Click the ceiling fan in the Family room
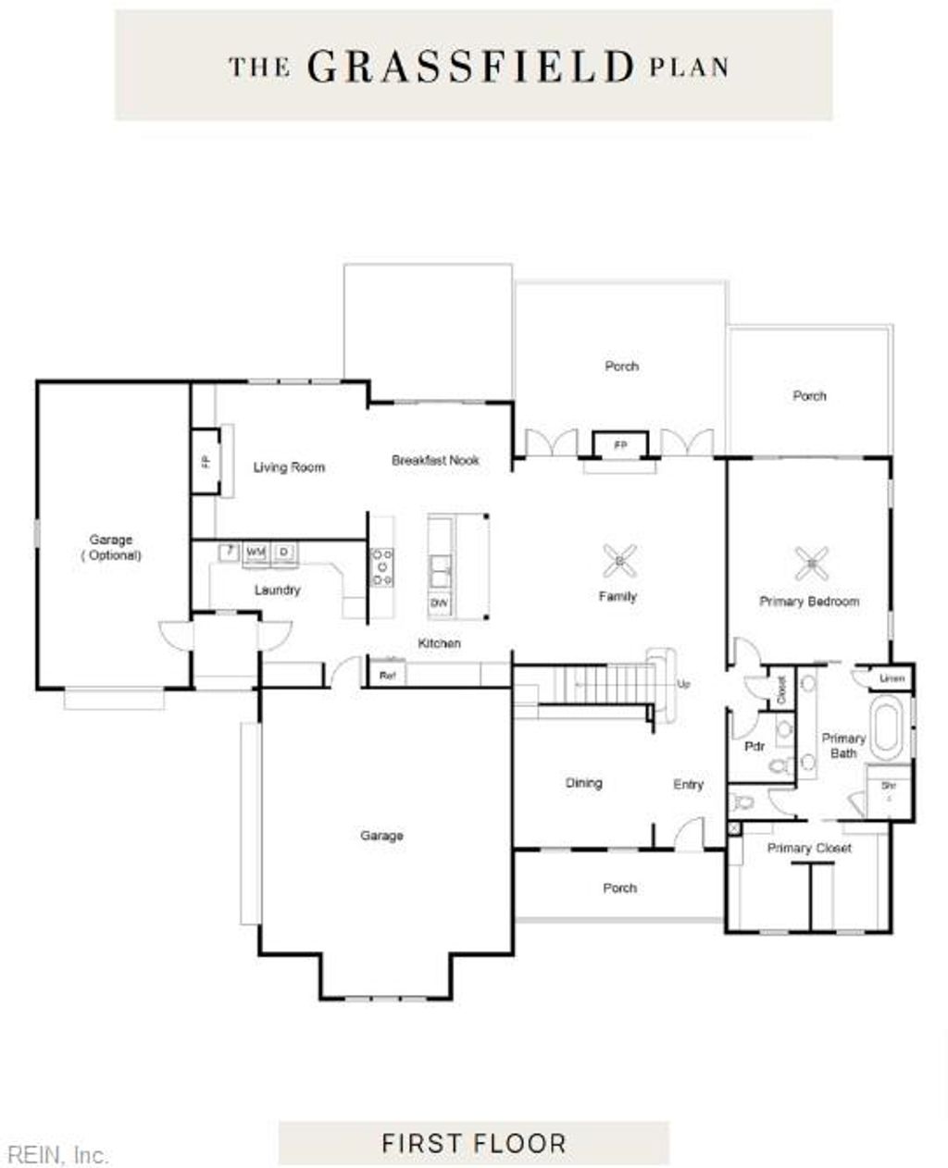point(618,558)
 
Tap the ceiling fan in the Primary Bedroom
point(811,560)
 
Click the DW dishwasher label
point(439,604)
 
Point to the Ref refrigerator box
point(387,676)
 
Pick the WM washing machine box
point(256,553)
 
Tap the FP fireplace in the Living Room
point(206,460)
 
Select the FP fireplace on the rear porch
point(620,445)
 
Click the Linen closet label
point(892,678)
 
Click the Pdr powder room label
point(755,746)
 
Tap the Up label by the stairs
point(684,684)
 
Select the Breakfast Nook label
point(435,460)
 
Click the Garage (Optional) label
point(111,547)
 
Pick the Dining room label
point(583,783)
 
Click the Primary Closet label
point(809,848)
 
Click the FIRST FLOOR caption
point(473,1143)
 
